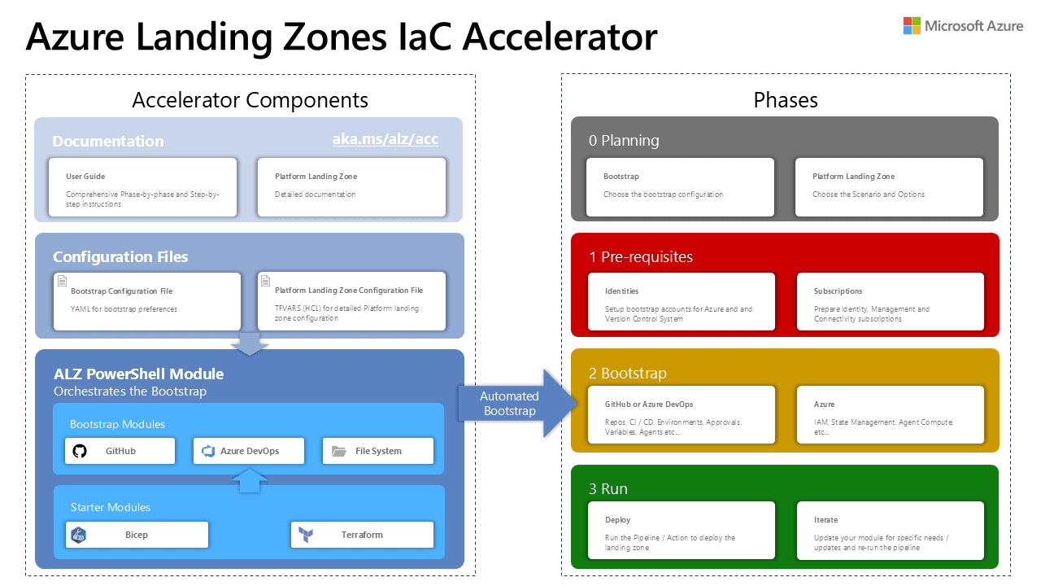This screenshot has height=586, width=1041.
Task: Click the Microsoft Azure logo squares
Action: click(x=912, y=26)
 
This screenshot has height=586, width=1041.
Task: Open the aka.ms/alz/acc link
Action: click(x=385, y=139)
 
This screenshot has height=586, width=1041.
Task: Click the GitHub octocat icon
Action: click(x=80, y=451)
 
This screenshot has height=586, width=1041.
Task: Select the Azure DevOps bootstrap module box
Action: click(x=249, y=451)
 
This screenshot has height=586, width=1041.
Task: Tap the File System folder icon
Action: click(x=338, y=451)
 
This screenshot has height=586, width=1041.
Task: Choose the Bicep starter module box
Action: click(x=137, y=535)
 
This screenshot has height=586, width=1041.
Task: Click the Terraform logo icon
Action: click(x=307, y=535)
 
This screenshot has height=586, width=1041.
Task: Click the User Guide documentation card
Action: click(x=142, y=187)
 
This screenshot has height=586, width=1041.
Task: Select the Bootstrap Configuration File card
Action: click(x=147, y=301)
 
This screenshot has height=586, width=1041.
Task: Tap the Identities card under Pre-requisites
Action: click(x=681, y=302)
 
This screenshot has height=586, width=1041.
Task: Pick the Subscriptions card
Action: click(x=890, y=302)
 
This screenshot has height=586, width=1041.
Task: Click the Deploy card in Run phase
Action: click(x=681, y=531)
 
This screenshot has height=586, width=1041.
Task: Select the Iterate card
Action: click(x=890, y=531)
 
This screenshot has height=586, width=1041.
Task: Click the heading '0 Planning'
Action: click(x=624, y=141)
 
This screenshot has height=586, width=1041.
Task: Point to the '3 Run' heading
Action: click(x=608, y=489)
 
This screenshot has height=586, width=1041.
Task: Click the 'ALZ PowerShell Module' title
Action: click(x=138, y=374)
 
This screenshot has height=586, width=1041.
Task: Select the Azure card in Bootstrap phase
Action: click(x=890, y=415)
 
